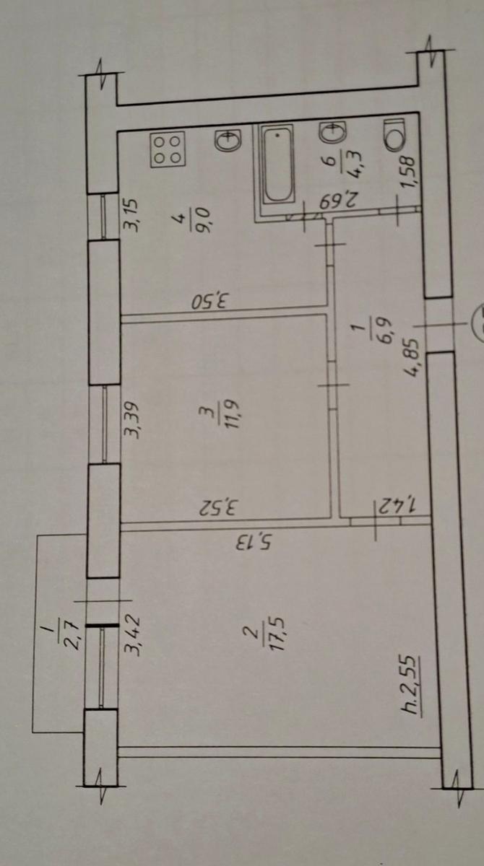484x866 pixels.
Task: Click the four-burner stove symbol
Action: coord(168,149)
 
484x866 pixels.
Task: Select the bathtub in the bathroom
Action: coord(277,163)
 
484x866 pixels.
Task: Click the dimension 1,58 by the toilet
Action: coord(407,172)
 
